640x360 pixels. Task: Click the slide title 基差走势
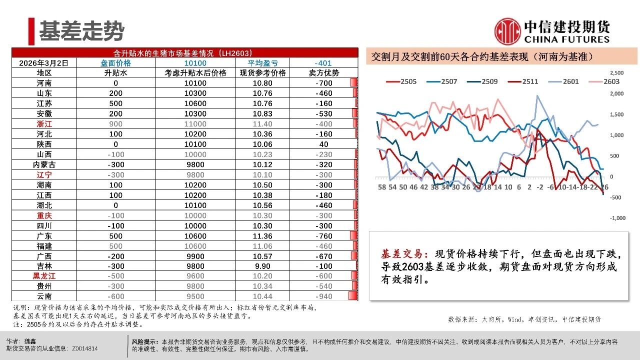coord(81,31)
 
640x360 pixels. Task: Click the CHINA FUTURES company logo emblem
coord(507,31)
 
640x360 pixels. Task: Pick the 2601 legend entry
coord(569,81)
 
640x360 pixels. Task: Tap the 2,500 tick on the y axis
coord(617,73)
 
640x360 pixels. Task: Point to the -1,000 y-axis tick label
coord(617,218)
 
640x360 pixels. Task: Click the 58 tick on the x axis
coord(382,187)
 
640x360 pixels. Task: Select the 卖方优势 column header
coord(324,73)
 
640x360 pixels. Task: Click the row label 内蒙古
coord(44,164)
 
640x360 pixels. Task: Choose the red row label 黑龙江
coord(44,276)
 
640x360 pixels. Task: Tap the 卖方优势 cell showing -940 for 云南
coord(324,296)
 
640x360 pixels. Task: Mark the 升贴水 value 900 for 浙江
coord(115,123)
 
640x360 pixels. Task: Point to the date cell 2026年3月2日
coord(44,63)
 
